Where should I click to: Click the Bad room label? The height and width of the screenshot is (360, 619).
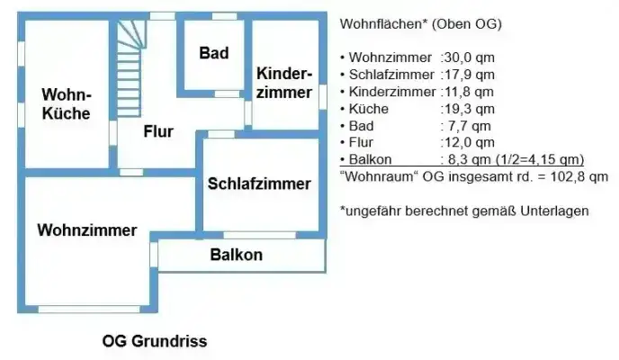214,54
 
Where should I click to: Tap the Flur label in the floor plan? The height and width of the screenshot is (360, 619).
158,131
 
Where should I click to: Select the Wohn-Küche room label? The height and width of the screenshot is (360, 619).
67,103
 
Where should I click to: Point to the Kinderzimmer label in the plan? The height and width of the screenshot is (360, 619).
284,83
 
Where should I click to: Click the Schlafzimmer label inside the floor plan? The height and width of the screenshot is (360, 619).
259,184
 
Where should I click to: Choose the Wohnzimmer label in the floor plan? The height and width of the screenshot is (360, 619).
87,229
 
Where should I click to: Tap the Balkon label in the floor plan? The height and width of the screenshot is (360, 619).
237,255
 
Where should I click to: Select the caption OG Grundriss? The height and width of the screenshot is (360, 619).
155,342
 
